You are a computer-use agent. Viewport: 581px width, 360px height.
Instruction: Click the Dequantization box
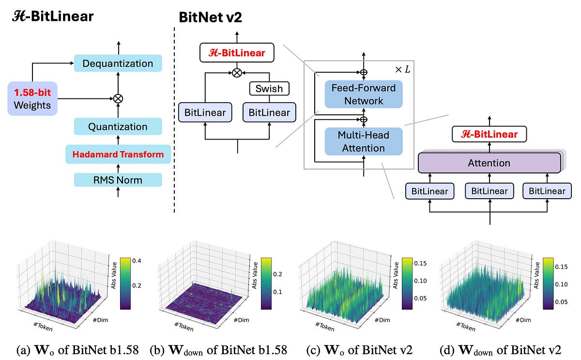pos(118,63)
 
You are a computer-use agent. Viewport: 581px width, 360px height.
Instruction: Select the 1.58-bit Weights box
pos(32,98)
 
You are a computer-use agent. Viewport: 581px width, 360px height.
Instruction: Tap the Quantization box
pos(118,127)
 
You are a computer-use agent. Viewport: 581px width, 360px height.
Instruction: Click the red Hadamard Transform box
pos(118,155)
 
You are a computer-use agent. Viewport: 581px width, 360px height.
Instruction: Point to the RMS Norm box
pos(118,180)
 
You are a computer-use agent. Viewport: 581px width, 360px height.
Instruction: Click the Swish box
pos(269,89)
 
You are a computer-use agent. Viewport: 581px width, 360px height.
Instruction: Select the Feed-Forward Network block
pos(364,94)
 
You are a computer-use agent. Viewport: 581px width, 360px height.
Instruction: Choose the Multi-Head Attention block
pos(364,141)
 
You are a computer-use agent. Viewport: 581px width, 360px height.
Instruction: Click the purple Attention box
pos(489,163)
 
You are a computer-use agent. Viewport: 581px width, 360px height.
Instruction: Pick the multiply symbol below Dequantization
pos(118,98)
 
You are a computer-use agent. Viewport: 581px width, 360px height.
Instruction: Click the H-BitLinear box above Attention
pos(489,134)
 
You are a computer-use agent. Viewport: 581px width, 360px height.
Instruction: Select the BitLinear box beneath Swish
pos(269,112)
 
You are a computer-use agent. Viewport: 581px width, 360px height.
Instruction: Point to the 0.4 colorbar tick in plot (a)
pos(137,261)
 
